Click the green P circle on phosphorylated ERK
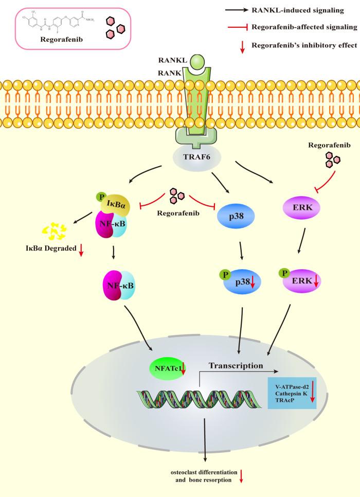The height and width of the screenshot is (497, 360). [x=283, y=273]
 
